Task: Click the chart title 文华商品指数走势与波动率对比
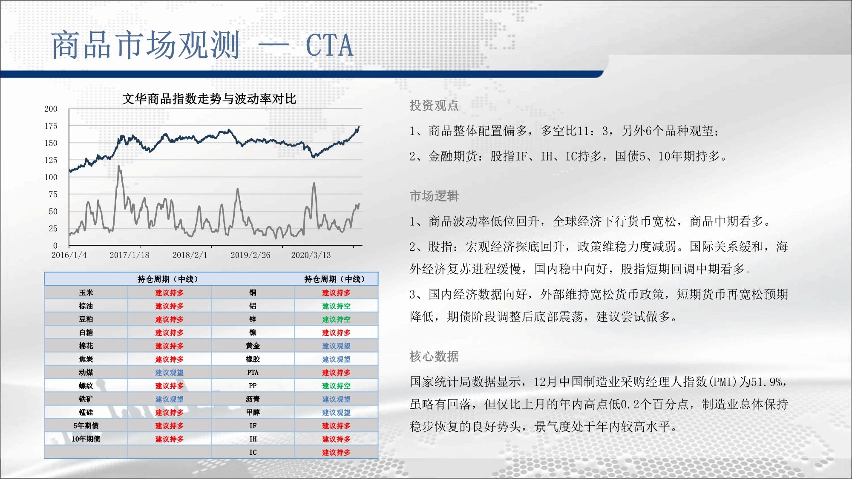209,99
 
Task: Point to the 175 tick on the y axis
51,126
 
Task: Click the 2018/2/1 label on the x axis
190,255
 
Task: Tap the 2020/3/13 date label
311,255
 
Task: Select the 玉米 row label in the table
86,293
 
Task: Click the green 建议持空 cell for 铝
336,306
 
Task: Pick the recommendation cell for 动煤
169,373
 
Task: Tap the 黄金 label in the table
253,346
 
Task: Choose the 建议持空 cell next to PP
336,386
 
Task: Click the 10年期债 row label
86,439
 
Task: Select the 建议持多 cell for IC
336,452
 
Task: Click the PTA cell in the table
253,373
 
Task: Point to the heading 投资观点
434,105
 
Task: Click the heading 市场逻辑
434,196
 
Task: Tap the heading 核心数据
434,356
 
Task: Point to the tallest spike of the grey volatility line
119,166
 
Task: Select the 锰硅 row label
86,412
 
